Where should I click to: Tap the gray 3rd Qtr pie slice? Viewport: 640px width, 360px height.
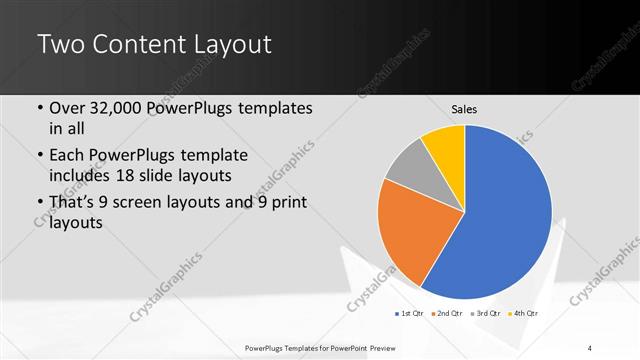404,167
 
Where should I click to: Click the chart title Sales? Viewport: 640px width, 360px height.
464,108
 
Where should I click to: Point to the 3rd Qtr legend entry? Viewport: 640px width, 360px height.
487,313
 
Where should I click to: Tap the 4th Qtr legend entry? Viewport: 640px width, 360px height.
525,313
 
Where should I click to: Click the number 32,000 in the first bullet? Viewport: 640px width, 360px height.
122,108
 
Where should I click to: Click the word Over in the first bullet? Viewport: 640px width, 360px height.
69,108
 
